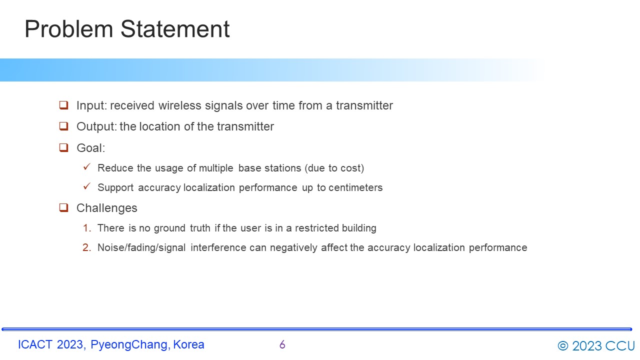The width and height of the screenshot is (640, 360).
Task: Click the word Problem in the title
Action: click(x=69, y=29)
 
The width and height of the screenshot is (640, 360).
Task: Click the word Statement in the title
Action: click(x=175, y=29)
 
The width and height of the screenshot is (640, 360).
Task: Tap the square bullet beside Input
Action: click(x=63, y=105)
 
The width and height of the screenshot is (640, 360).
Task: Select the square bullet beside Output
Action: click(x=63, y=126)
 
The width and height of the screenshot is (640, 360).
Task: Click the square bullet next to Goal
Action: click(x=63, y=147)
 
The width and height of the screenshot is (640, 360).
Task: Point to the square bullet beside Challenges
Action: click(x=63, y=207)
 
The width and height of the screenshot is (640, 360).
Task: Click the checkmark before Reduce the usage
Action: click(x=87, y=166)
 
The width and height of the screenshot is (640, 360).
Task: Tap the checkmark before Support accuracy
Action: click(x=87, y=186)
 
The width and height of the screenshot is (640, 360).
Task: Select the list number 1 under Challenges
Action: click(x=87, y=228)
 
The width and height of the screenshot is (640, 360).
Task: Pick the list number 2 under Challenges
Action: click(x=87, y=247)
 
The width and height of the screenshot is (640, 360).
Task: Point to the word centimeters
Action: click(x=355, y=187)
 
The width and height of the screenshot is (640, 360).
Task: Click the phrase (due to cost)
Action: click(x=334, y=168)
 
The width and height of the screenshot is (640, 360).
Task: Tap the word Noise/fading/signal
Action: click(x=141, y=247)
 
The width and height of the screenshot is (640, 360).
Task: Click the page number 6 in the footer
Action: click(x=282, y=344)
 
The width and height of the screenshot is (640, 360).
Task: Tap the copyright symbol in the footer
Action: click(x=563, y=345)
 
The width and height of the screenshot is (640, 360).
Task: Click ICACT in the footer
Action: click(x=35, y=344)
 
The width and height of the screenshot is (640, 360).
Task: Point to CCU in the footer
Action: click(x=620, y=345)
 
